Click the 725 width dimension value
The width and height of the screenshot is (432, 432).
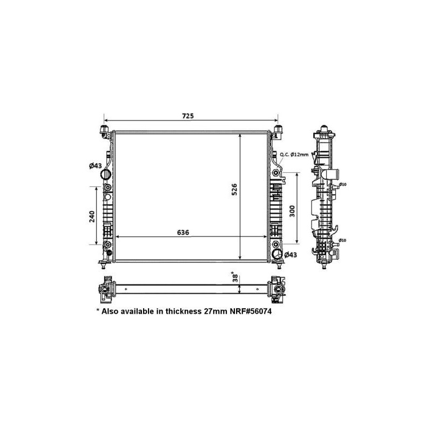pos(187,116)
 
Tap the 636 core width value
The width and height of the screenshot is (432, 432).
pos(183,232)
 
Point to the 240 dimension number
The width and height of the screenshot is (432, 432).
pos(92,216)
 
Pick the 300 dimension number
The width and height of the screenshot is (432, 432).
pos(292,210)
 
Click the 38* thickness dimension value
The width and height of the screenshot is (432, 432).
pos(235,278)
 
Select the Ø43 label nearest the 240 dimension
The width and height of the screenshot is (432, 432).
pos(96,165)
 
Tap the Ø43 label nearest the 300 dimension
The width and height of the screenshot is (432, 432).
pos(291,255)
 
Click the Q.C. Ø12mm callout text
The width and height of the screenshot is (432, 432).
pos(294,154)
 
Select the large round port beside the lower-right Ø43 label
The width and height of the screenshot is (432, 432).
pos(276,255)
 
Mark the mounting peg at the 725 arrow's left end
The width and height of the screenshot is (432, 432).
pos(104,130)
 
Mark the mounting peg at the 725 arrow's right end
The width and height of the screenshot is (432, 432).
pos(278,130)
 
